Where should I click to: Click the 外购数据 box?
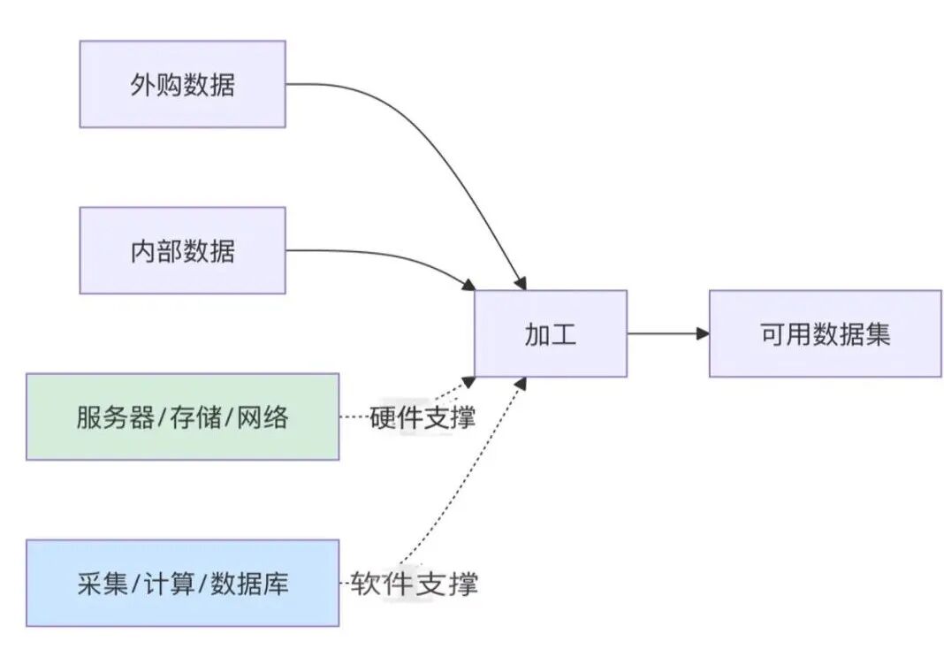click(x=182, y=84)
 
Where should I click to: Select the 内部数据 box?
click(x=182, y=250)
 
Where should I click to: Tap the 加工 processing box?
click(x=550, y=333)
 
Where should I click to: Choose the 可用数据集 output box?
click(x=825, y=333)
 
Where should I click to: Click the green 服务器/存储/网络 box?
click(x=182, y=416)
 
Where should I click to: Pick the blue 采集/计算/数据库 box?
click(x=182, y=584)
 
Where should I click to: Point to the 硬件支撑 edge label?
click(x=423, y=416)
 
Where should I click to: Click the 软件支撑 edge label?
click(x=414, y=584)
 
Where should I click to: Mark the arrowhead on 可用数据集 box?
click(x=703, y=333)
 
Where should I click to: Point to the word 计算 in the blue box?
click(x=170, y=584)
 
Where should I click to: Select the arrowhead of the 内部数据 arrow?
click(x=468, y=284)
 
